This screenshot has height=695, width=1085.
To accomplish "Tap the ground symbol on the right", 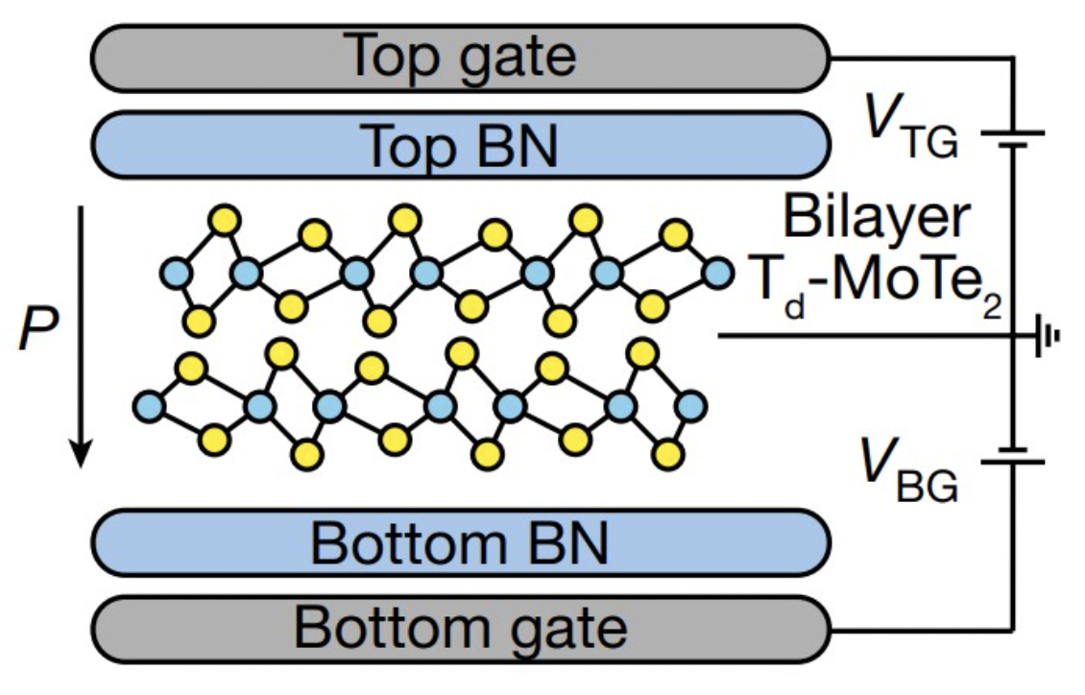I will click(x=1047, y=336).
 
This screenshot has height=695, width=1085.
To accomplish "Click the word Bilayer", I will click(x=875, y=220).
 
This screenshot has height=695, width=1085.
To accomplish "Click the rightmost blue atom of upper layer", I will click(x=716, y=274).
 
